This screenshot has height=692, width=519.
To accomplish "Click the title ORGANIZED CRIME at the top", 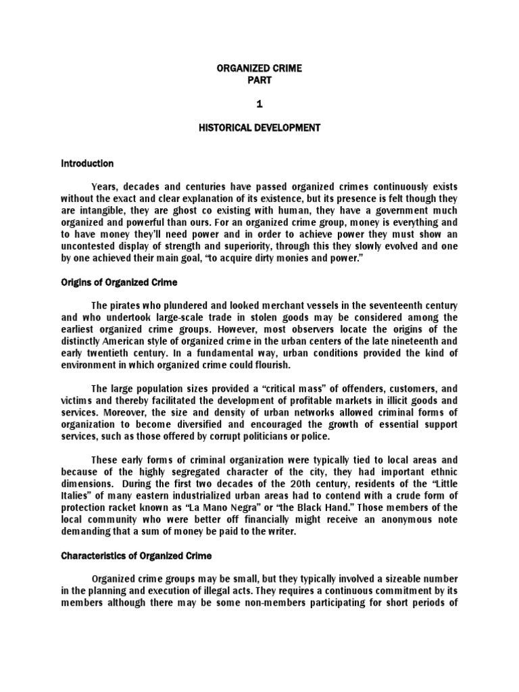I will pos(259,68).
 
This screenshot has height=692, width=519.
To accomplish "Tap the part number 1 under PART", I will pos(259,103).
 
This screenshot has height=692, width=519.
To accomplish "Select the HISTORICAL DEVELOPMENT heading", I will pos(259,128).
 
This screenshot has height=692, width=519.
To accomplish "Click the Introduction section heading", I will pos(87,164).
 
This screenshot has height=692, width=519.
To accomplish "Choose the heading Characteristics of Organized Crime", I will pos(137,555).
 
